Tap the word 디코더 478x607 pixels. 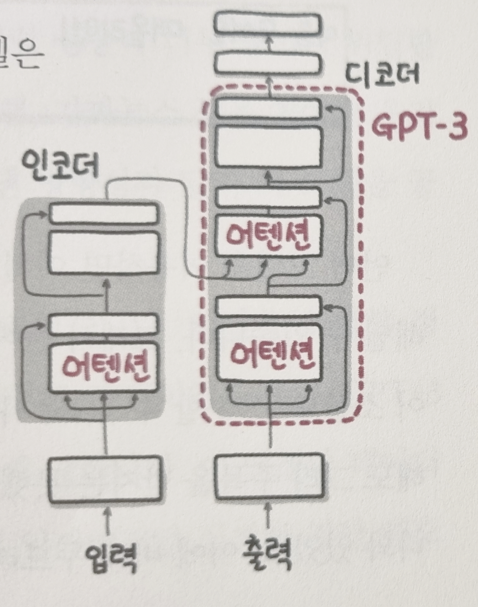point(382,75)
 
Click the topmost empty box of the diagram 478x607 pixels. point(267,23)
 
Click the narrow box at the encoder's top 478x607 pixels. point(103,213)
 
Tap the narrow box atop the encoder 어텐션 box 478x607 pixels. point(102,324)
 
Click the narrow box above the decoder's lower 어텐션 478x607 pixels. point(268,307)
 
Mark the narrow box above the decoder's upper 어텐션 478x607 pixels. point(268,197)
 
